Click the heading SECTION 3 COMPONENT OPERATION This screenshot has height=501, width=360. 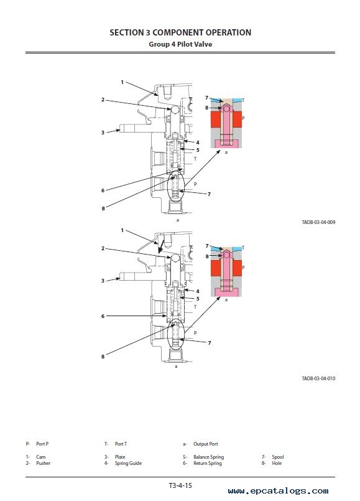pyautogui.click(x=180, y=32)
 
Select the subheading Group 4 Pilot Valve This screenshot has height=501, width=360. pyautogui.click(x=180, y=44)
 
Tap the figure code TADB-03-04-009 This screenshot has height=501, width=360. pyautogui.click(x=318, y=222)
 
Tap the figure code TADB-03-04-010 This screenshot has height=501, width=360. pyautogui.click(x=318, y=378)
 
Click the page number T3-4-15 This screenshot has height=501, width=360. pyautogui.click(x=180, y=485)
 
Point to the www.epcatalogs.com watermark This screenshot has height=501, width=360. pyautogui.click(x=279, y=491)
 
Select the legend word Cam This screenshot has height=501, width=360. pyautogui.click(x=41, y=457)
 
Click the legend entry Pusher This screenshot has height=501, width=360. pyautogui.click(x=43, y=463)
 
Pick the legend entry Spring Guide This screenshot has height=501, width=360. pyautogui.click(x=128, y=463)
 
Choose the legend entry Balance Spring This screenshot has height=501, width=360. pyautogui.click(x=209, y=457)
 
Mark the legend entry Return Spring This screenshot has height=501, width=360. pyautogui.click(x=208, y=463)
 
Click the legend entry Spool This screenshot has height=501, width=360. pyautogui.click(x=278, y=457)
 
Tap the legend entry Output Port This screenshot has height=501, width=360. pyautogui.click(x=206, y=444)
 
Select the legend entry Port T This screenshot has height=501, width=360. pyautogui.click(x=121, y=444)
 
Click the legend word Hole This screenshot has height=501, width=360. pyautogui.click(x=277, y=463)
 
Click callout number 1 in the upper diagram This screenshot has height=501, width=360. pyautogui.click(x=122, y=82)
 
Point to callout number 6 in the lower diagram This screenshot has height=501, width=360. pyautogui.click(x=103, y=316)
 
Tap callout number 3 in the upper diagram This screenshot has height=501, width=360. pyautogui.click(x=103, y=133)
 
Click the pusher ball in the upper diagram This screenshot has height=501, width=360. pyautogui.click(x=175, y=110)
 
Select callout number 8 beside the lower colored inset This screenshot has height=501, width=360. pyautogui.click(x=207, y=256)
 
